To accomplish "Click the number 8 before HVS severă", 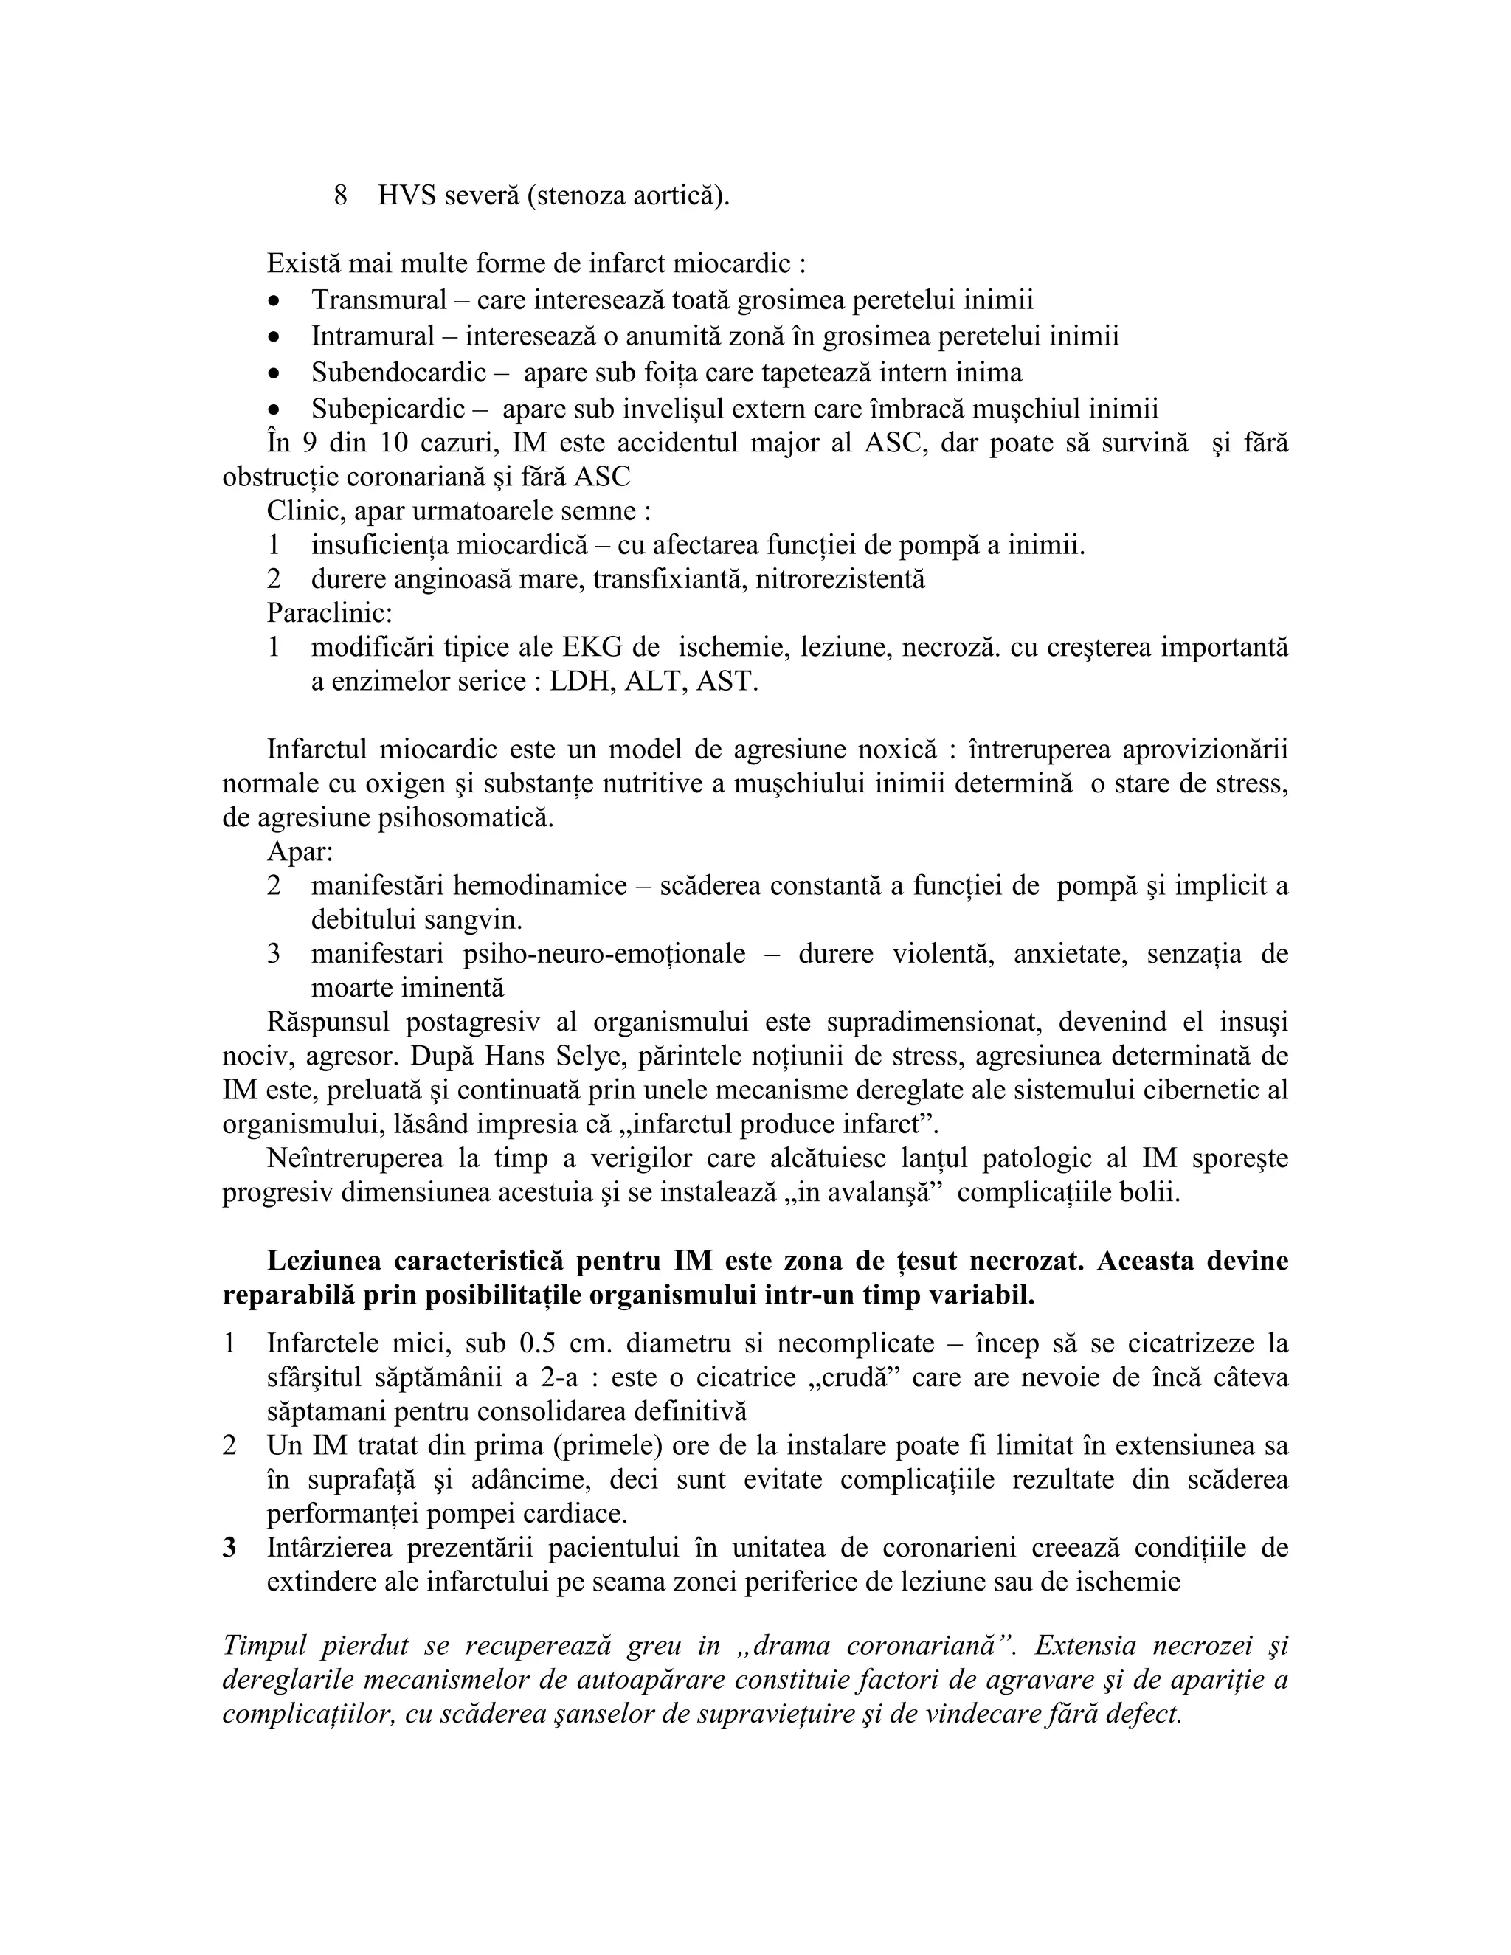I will (340, 195).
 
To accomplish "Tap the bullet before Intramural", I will (274, 337).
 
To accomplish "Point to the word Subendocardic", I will (398, 373).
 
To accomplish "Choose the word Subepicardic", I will (387, 409).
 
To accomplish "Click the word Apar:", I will (300, 851).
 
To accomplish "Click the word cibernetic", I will (1197, 1090).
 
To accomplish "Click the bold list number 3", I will (229, 1548).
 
